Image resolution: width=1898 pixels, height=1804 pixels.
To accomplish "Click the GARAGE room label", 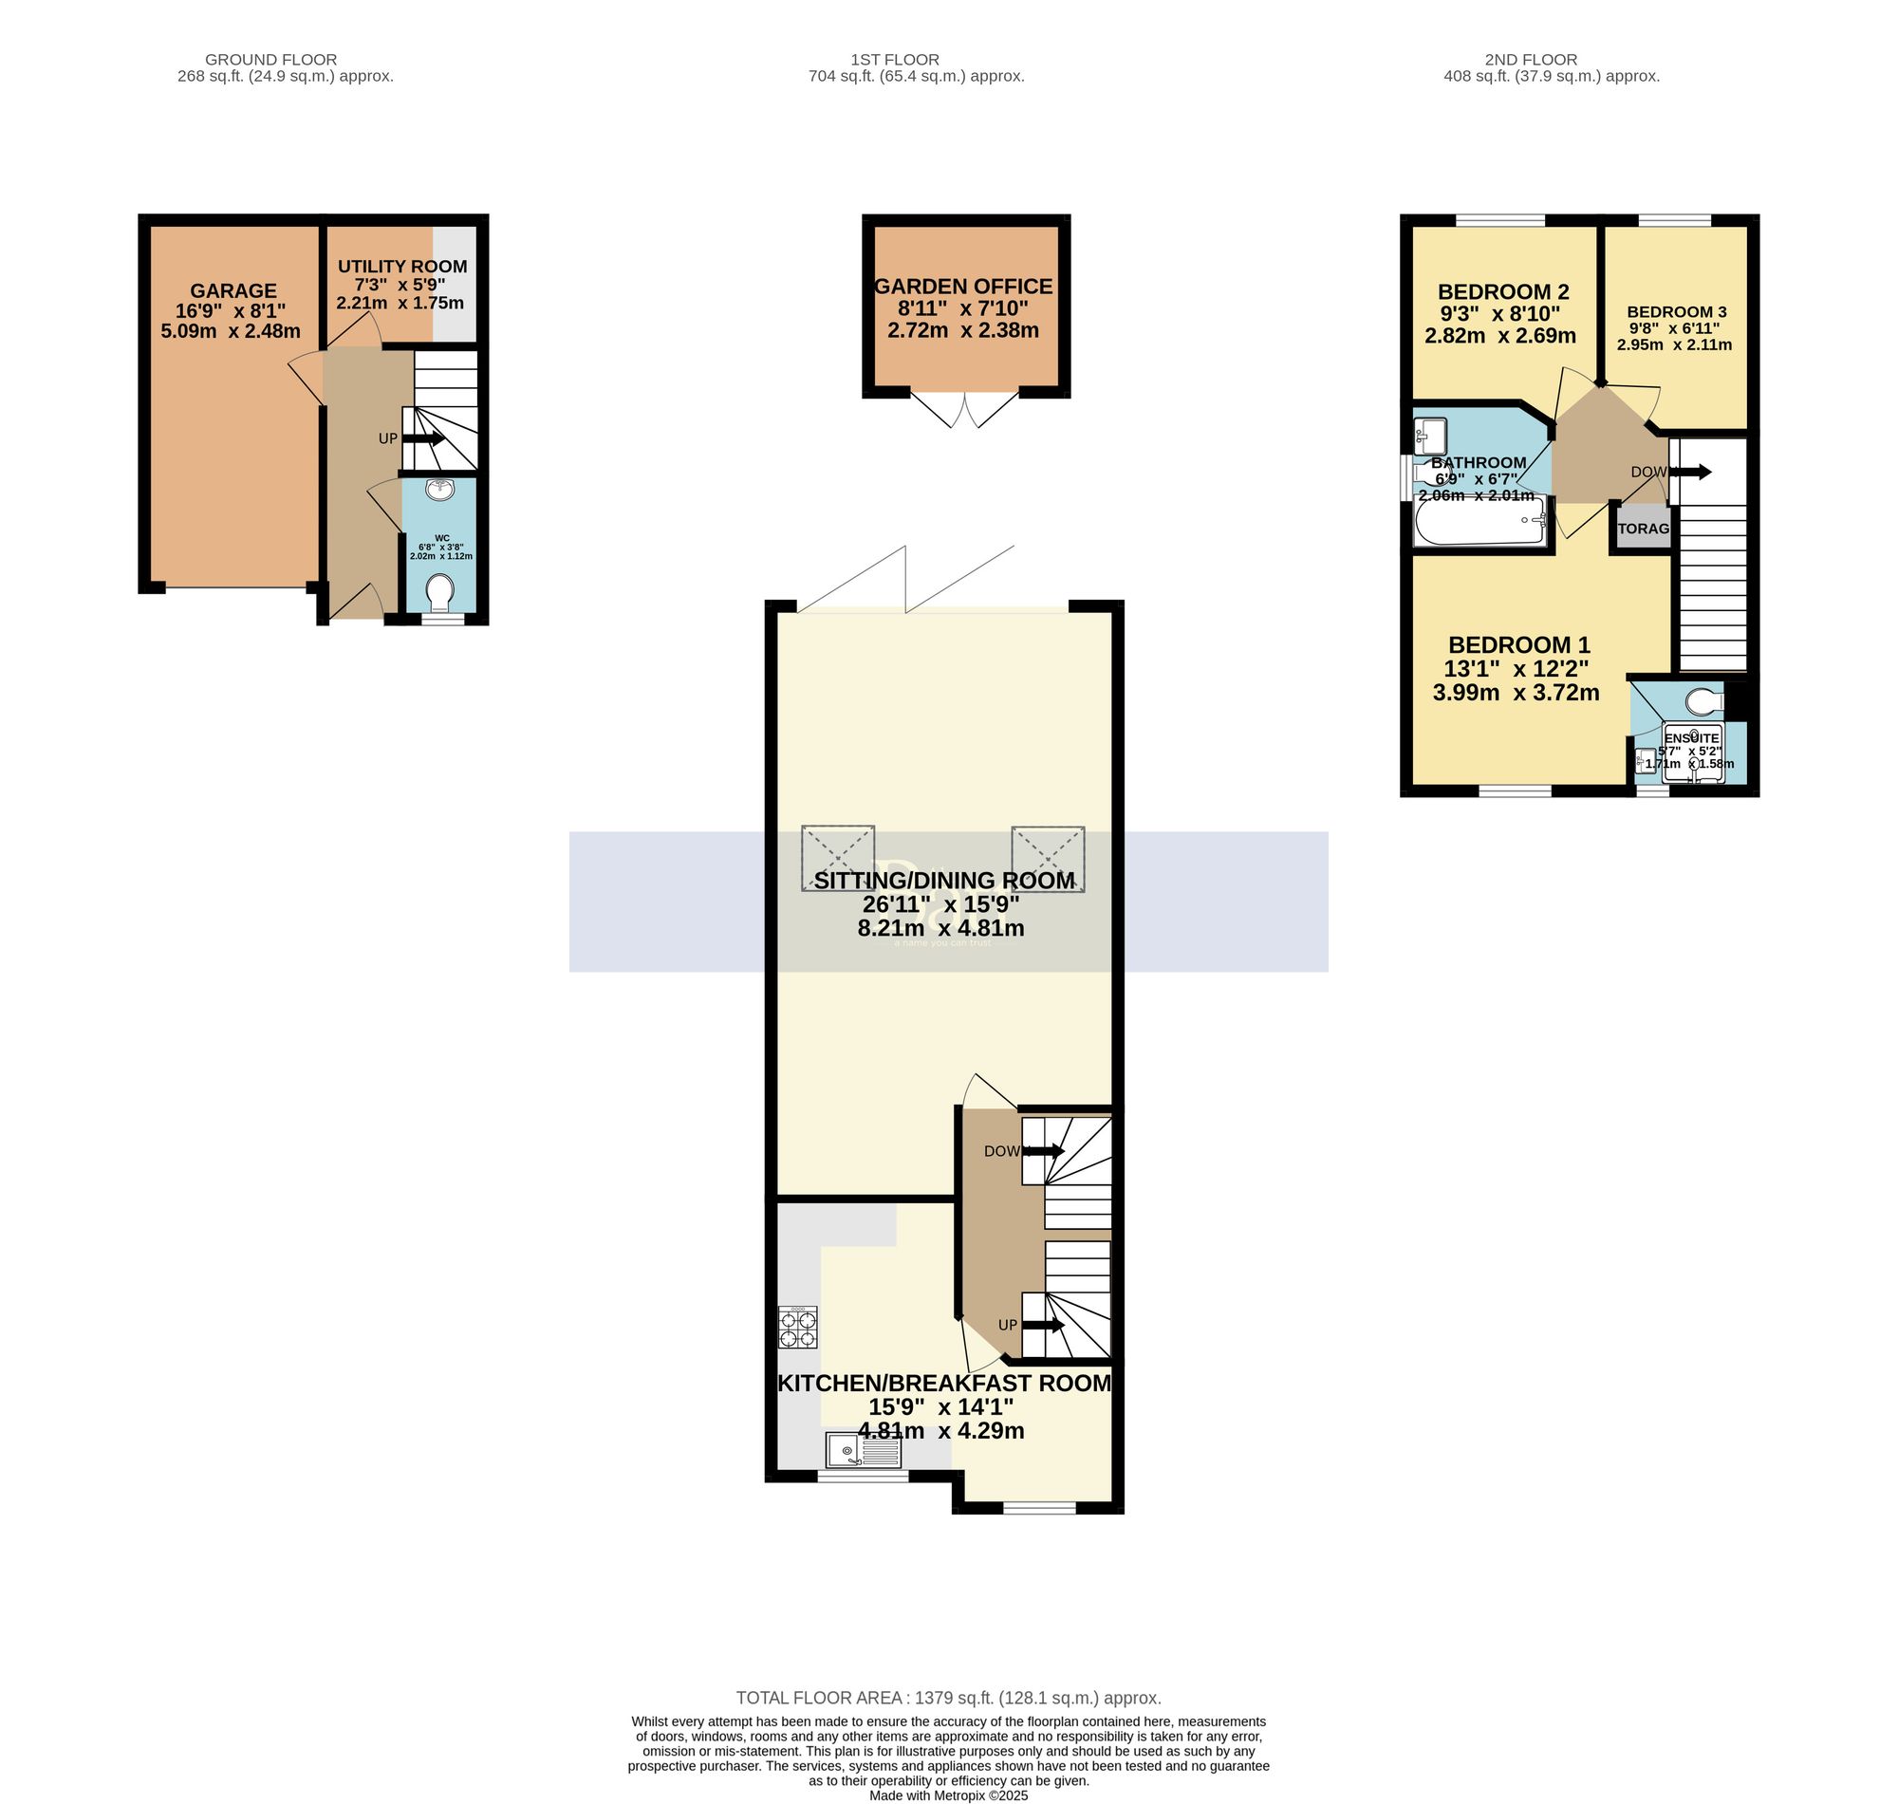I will coord(233,290).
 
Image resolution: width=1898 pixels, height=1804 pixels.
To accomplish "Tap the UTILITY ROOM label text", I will coord(402,267).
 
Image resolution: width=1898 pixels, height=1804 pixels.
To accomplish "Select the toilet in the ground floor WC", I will coord(439,592).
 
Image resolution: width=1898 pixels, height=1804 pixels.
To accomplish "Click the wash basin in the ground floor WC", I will coord(439,490).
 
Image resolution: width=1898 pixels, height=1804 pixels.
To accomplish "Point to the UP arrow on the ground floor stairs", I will coord(423,438).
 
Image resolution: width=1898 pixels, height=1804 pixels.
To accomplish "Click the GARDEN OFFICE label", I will coord(962,287).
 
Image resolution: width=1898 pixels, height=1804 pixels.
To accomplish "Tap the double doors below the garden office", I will coord(964,411).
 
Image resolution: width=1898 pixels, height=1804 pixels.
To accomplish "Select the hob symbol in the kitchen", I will coord(797,1328).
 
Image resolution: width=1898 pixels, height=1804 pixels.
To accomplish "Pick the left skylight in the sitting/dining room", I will coord(837,858).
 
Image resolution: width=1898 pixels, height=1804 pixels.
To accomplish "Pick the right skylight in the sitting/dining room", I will coord(1047,858).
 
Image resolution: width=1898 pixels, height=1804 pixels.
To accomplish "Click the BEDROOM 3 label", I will coord(1676,311).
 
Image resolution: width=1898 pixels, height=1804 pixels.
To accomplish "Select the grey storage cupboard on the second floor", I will coord(1641,529).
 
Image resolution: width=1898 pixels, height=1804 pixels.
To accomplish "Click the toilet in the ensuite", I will coord(1706,702).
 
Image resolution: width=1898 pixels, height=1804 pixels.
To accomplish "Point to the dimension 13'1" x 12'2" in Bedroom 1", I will coord(1516,668).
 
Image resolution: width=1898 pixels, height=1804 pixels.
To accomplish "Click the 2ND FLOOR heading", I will coord(1530,60).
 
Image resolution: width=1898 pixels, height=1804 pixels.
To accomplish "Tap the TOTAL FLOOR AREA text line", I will coord(948,1699).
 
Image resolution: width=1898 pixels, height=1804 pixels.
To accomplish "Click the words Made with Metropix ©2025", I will coord(948,1795).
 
